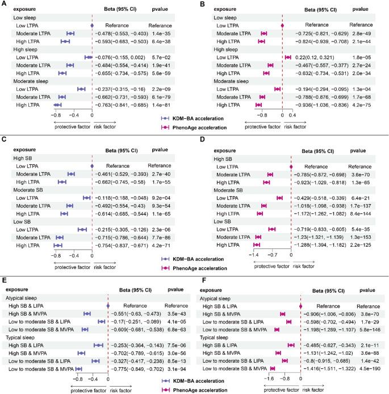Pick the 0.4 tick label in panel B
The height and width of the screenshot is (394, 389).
tap(293, 114)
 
